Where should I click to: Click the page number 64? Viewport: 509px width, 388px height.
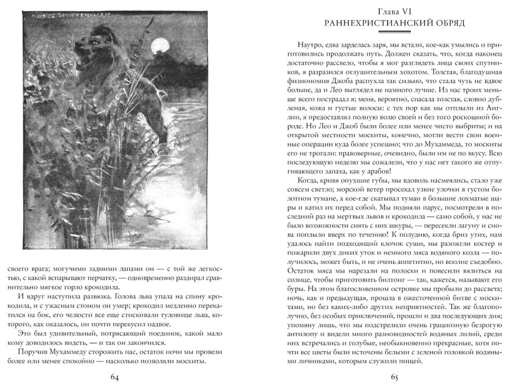[x=115, y=377]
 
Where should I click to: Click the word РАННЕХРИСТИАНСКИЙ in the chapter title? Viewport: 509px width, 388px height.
[x=371, y=23]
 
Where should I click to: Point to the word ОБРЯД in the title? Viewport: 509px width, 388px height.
[x=446, y=23]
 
